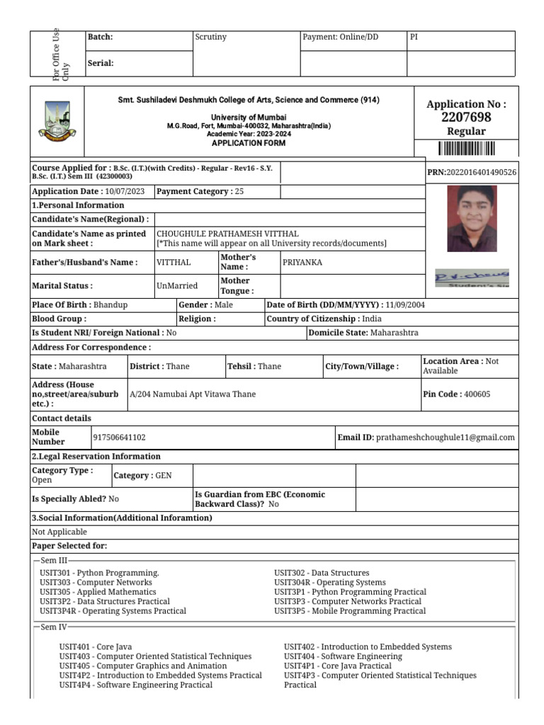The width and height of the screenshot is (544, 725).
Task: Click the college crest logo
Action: click(57, 120)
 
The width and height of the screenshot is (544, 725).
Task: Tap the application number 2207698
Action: click(466, 118)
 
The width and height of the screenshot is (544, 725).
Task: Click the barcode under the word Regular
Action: click(466, 148)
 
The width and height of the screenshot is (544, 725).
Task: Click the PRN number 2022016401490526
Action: click(481, 173)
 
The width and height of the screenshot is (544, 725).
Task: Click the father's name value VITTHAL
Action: click(174, 263)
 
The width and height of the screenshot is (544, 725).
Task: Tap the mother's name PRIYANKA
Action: click(302, 263)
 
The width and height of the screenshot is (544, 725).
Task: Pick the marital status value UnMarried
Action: click(177, 286)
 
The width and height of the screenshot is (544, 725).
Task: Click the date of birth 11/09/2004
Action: click(404, 305)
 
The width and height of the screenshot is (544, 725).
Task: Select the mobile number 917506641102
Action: click(120, 438)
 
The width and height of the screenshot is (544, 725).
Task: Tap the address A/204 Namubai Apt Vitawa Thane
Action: click(193, 394)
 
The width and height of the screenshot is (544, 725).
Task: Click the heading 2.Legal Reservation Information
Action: click(96, 457)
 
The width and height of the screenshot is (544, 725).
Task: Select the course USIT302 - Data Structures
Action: click(322, 573)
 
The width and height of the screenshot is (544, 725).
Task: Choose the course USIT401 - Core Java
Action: click(96, 646)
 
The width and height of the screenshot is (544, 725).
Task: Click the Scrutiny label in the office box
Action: click(210, 38)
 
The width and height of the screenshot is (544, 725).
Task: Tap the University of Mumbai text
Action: click(249, 117)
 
